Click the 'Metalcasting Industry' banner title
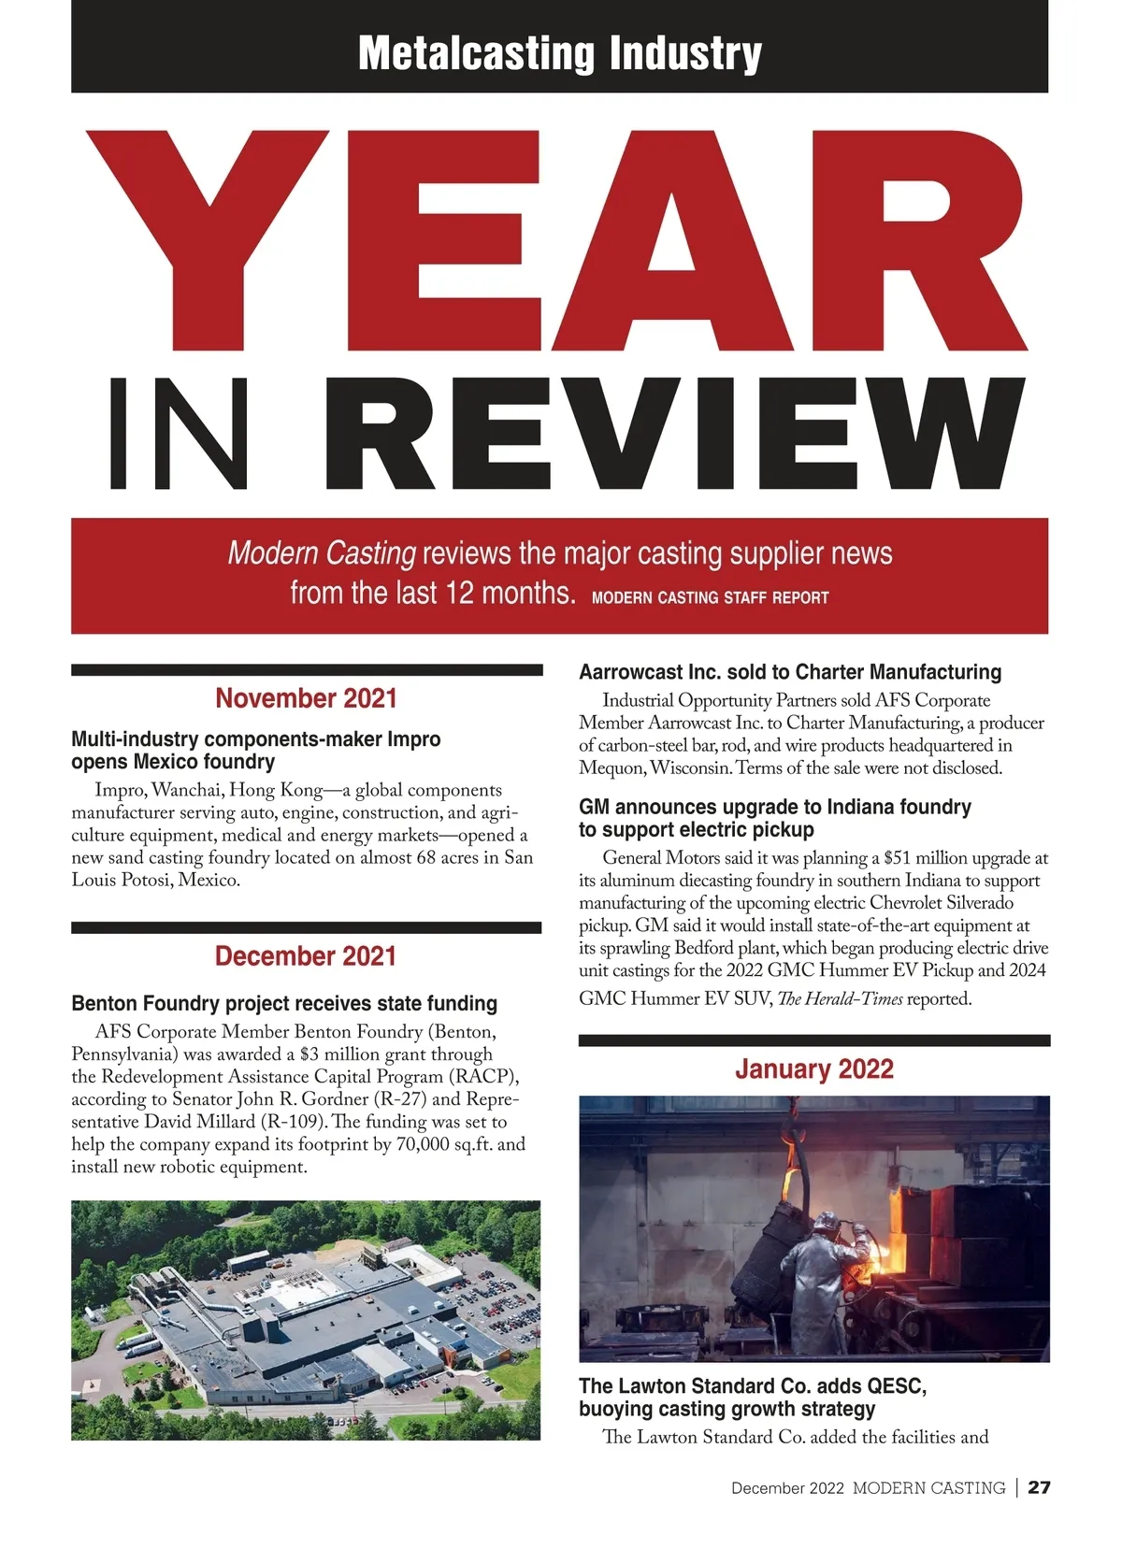pyautogui.click(x=559, y=53)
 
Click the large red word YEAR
pyautogui.click(x=558, y=241)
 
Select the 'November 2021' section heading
pyautogui.click(x=306, y=698)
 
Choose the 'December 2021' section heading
pyautogui.click(x=306, y=956)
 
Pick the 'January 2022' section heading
pyautogui.click(x=813, y=1069)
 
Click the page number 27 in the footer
pyautogui.click(x=1039, y=1487)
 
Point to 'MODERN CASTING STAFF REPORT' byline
pyautogui.click(x=711, y=598)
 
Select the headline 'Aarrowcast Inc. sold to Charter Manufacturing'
pyautogui.click(x=790, y=672)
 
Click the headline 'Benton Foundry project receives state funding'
pyautogui.click(x=284, y=1004)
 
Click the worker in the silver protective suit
pyautogui.click(x=823, y=1281)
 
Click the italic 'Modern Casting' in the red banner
pyautogui.click(x=322, y=553)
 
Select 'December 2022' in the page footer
pyautogui.click(x=787, y=1488)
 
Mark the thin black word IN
pyautogui.click(x=180, y=435)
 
